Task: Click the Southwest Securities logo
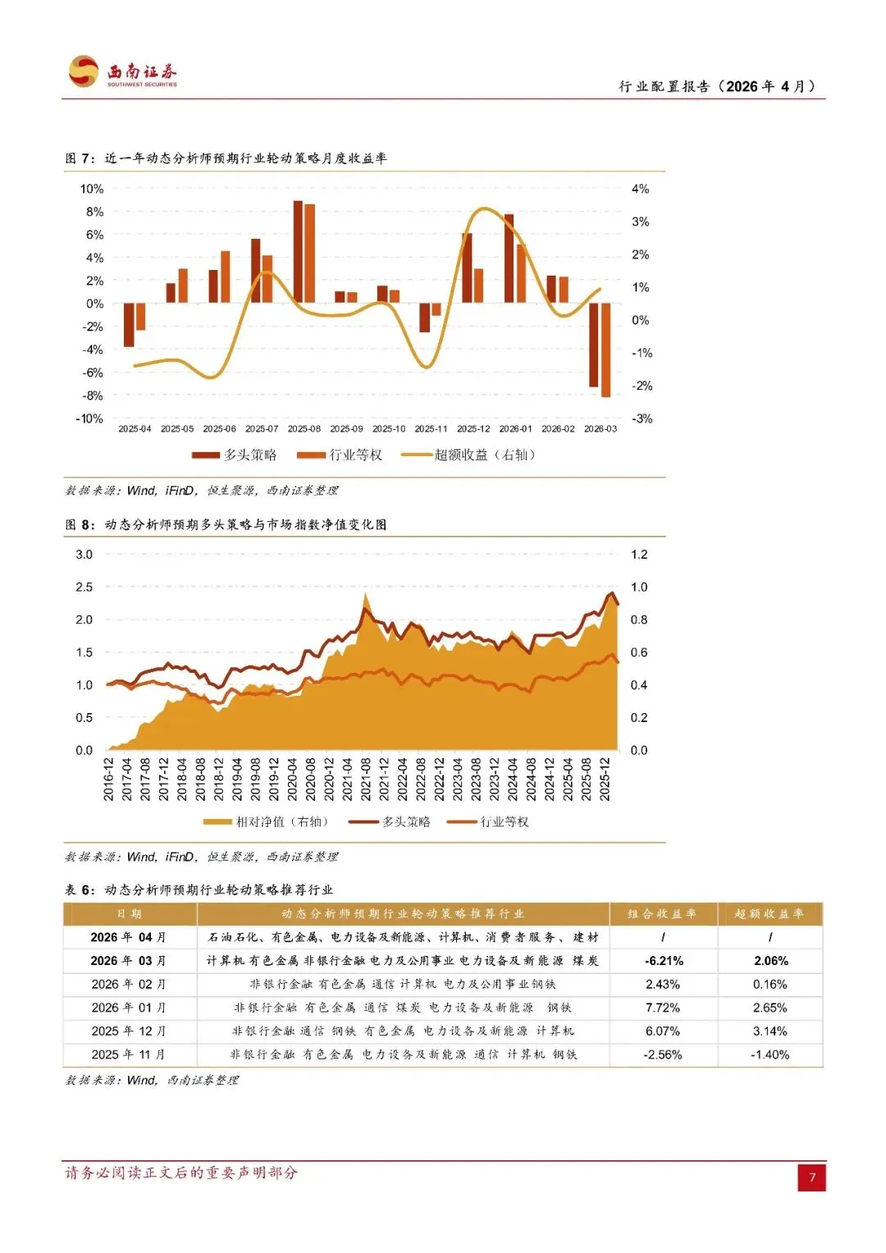pyautogui.click(x=123, y=72)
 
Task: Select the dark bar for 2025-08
pyautogui.click(x=298, y=251)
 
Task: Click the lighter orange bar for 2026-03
pyautogui.click(x=606, y=350)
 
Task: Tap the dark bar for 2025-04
pyautogui.click(x=129, y=324)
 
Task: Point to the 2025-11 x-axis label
pyautogui.click(x=431, y=429)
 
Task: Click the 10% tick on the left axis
pyautogui.click(x=92, y=189)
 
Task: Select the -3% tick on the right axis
pyautogui.click(x=642, y=418)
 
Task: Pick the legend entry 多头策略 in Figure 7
pyautogui.click(x=235, y=455)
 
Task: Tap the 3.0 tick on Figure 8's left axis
pyautogui.click(x=84, y=555)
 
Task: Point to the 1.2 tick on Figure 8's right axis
pyautogui.click(x=639, y=555)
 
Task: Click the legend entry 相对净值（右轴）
pyautogui.click(x=266, y=821)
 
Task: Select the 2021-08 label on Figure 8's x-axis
pyautogui.click(x=366, y=779)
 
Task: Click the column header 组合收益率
pyautogui.click(x=662, y=913)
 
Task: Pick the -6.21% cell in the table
pyautogui.click(x=664, y=960)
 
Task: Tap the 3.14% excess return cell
pyautogui.click(x=770, y=1031)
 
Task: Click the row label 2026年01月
pyautogui.click(x=129, y=1007)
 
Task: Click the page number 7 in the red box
pyautogui.click(x=812, y=1178)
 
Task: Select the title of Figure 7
pyautogui.click(x=226, y=158)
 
